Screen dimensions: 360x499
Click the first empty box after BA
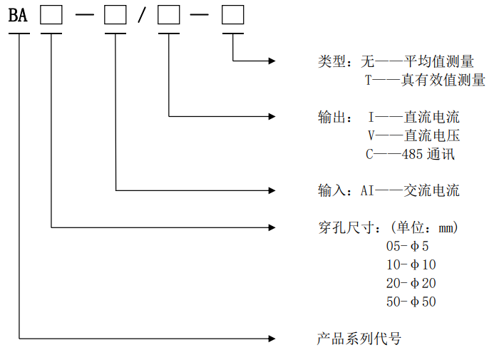coord(51,15)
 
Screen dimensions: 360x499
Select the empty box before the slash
coord(115,15)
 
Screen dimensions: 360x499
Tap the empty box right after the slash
coord(169,15)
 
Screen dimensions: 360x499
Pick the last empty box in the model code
coord(233,15)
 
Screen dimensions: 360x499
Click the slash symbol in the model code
coord(142,16)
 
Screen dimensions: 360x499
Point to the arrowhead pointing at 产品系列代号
coord(272,337)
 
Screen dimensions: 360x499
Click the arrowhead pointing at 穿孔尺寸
coord(272,228)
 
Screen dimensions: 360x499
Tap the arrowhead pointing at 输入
coord(272,190)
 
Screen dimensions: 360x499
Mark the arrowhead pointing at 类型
coord(272,61)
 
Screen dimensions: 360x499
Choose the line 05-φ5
coord(408,247)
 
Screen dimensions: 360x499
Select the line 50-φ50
coord(411,302)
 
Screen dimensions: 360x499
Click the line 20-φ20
coord(411,283)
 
